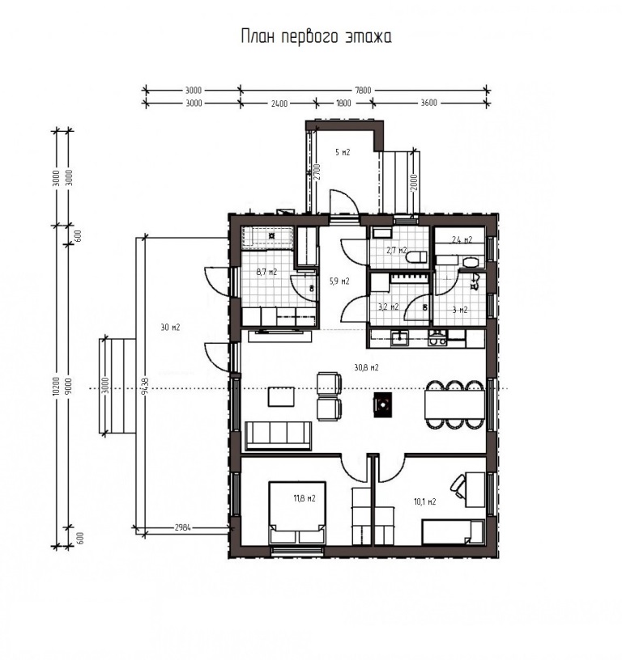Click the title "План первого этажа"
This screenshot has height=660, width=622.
(317, 36)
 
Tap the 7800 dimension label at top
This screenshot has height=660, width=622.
(364, 90)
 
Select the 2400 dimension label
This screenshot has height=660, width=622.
(279, 104)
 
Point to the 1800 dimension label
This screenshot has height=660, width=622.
(344, 104)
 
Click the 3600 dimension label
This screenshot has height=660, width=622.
(429, 104)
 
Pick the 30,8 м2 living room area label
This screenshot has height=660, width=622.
(366, 367)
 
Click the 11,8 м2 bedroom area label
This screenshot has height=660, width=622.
(305, 498)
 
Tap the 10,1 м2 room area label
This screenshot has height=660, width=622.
(424, 501)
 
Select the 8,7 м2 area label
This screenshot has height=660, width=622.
(266, 272)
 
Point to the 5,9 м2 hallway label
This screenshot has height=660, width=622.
(339, 281)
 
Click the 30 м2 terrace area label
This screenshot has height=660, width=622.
(170, 327)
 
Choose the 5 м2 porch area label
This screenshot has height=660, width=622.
(343, 152)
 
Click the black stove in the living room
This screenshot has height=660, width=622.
(382, 405)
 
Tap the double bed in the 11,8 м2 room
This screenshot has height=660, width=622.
(297, 513)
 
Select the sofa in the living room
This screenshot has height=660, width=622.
(278, 436)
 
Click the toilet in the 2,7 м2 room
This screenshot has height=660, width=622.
(416, 256)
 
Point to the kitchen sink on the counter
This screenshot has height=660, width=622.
(398, 338)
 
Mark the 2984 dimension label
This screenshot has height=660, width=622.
(183, 527)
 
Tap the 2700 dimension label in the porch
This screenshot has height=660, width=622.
(317, 171)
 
